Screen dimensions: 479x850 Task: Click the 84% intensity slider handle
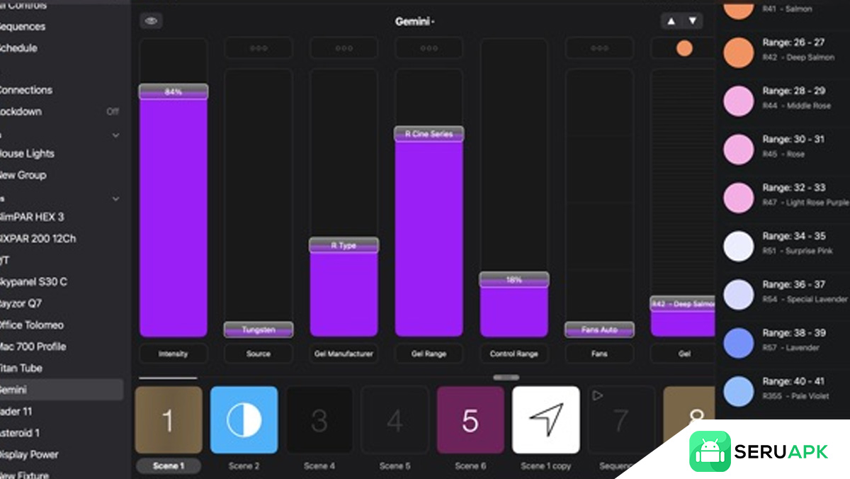click(x=174, y=91)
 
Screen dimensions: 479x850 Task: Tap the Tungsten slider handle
click(x=259, y=329)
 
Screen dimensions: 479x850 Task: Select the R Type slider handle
click(x=344, y=245)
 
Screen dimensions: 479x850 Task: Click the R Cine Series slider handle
click(x=429, y=134)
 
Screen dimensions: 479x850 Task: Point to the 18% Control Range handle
click(x=514, y=280)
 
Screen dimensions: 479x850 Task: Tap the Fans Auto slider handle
click(x=599, y=329)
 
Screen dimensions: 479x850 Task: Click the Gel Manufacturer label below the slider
click(x=344, y=354)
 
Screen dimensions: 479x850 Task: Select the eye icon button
click(x=151, y=21)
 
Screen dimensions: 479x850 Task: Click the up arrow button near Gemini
click(x=671, y=21)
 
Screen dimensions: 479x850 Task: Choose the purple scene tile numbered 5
click(x=470, y=420)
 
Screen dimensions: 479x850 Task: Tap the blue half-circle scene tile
click(x=244, y=420)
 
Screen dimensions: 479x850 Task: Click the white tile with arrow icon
click(x=546, y=420)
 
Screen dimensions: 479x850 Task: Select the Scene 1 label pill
click(x=168, y=466)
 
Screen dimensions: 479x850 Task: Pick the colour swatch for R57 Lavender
click(x=739, y=342)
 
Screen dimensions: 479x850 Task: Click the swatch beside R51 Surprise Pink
click(x=739, y=246)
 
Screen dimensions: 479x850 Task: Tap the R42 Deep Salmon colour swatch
click(x=739, y=52)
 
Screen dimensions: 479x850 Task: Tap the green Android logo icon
click(x=710, y=451)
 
